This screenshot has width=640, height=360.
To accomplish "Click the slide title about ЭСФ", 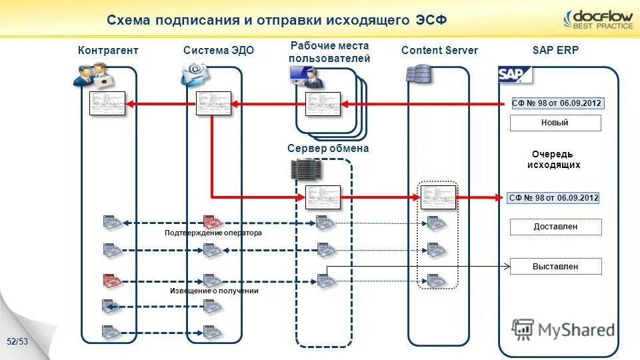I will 277,20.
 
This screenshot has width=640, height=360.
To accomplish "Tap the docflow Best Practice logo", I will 597,19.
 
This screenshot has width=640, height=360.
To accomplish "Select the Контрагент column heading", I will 108,51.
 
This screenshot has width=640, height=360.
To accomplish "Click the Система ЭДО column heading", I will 219,51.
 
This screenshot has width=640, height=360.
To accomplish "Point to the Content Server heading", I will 439,51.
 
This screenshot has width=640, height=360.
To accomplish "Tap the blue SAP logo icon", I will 515,74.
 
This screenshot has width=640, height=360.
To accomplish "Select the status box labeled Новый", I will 555,123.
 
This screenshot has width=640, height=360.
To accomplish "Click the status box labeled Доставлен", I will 555,227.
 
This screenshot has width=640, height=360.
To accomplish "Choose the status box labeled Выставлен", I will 555,267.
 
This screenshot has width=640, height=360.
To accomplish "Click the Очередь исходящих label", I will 553,159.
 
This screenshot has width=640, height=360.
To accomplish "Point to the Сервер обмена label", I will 328,149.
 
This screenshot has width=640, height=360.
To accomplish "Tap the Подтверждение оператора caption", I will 213,233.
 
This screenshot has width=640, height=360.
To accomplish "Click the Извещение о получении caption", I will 213,291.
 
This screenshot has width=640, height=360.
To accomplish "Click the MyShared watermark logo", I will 563,329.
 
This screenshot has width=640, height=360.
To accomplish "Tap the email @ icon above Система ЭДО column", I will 195,73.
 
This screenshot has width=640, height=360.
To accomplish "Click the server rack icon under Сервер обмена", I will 307,169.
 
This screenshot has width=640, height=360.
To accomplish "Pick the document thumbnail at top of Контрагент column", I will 107,103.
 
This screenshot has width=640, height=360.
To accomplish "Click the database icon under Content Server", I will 419,73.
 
